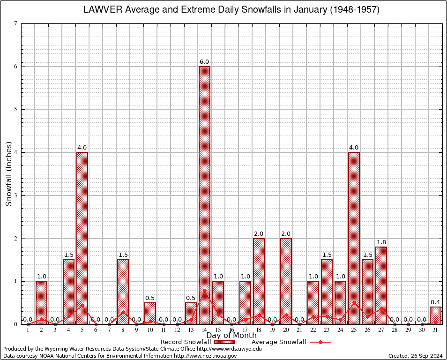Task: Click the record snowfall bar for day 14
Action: [x=204, y=187]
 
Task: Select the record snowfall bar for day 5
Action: [x=82, y=234]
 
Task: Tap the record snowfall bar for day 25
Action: [x=354, y=234]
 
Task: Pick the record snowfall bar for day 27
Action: [x=381, y=281]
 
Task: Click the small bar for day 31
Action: [x=435, y=316]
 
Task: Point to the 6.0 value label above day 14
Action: [x=204, y=62]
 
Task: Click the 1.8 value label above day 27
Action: [x=381, y=242]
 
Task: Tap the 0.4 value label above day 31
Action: [x=435, y=302]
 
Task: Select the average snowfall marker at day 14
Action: [x=204, y=290]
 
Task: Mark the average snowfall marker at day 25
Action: [x=354, y=302]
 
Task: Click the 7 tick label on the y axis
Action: [x=15, y=23]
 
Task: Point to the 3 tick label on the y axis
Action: [x=15, y=195]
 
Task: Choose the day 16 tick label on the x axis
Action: [x=231, y=330]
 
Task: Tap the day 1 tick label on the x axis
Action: [x=28, y=330]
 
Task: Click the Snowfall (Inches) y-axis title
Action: [x=9, y=174]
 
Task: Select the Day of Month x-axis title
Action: [x=231, y=336]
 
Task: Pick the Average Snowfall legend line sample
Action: [x=320, y=342]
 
